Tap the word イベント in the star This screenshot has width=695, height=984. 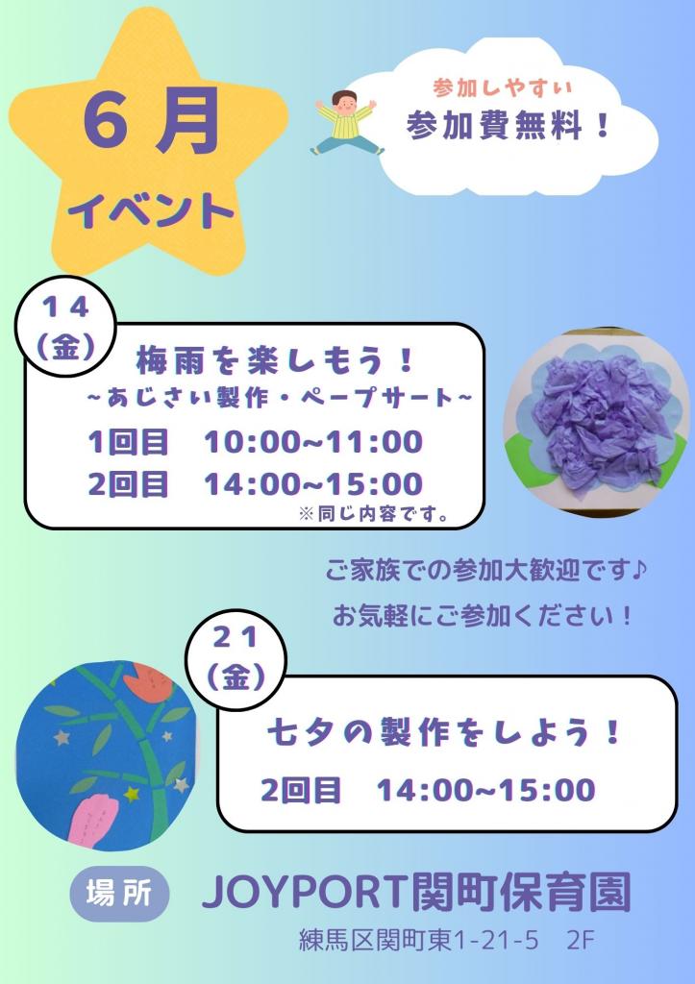[152, 209]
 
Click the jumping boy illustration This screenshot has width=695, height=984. [348, 122]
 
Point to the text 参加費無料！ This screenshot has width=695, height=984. [509, 127]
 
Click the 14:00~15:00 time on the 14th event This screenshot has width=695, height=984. [313, 483]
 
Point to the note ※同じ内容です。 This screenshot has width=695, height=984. [375, 514]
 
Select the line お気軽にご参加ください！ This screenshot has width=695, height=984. [484, 615]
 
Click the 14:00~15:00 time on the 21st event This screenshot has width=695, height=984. [486, 790]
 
